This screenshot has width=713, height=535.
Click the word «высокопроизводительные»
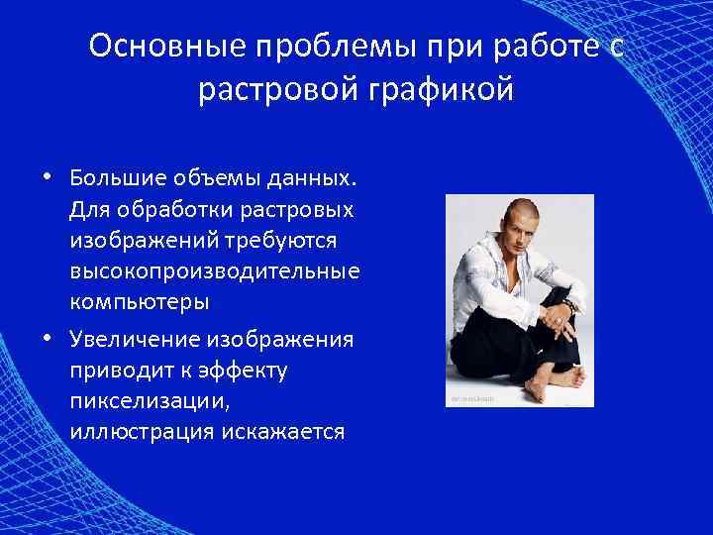(215, 270)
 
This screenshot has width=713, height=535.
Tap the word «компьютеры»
(139, 299)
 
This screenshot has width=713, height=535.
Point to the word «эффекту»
(250, 370)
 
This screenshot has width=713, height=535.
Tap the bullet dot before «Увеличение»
(47, 340)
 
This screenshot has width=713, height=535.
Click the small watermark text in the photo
(469, 399)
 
